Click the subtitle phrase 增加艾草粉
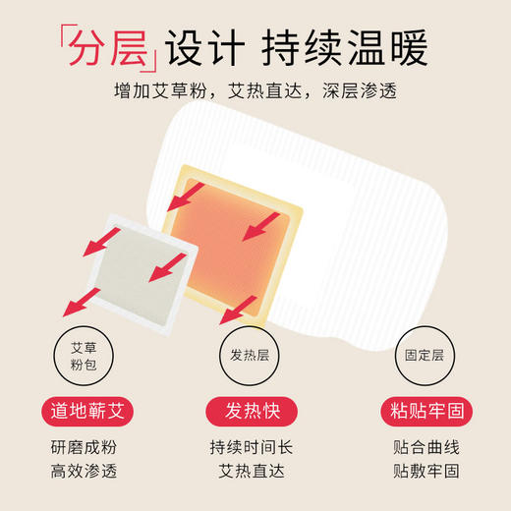158,95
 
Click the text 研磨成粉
85,447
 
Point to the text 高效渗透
85,470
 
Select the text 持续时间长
254,447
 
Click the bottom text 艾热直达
254,470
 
